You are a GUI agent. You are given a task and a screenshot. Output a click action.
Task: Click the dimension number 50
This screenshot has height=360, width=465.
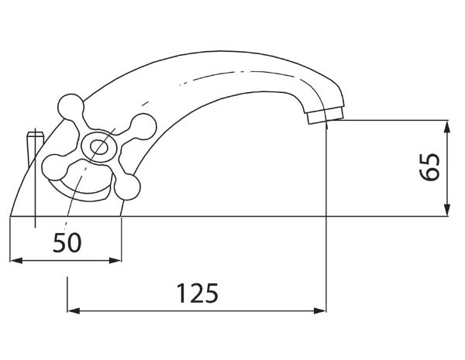coord(67,242)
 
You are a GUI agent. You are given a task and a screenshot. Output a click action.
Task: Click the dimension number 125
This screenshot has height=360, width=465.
coord(197,293)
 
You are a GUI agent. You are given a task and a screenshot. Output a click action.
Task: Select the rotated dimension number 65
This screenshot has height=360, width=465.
coord(429,166)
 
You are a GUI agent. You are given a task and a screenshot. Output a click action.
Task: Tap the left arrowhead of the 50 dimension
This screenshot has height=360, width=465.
coord(16,260)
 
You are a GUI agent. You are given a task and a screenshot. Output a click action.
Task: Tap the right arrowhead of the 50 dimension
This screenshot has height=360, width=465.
coord(115,260)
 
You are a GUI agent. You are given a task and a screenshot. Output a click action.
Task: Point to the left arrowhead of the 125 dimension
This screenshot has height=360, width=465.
coord(74,310)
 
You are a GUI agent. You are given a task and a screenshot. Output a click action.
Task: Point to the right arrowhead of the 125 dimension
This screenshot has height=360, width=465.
coord(320,310)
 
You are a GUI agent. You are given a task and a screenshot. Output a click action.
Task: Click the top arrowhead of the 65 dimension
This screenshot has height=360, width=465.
coord(447,126)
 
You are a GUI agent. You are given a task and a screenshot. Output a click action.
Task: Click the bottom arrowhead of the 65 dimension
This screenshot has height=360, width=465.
coord(447,210)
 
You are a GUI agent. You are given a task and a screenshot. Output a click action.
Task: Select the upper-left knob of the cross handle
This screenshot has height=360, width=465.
coord(71,106)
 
